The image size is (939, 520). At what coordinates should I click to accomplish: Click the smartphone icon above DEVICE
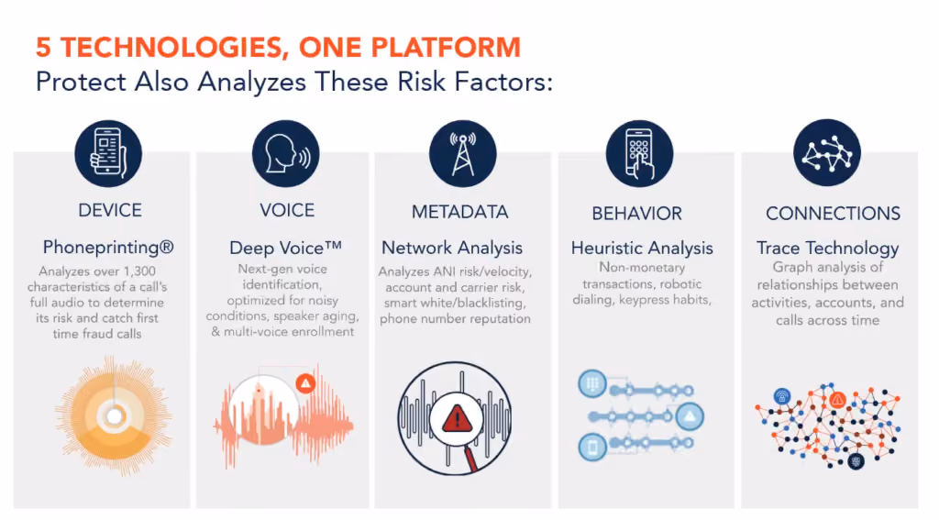click(x=108, y=154)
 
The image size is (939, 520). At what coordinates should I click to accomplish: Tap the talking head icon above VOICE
click(x=286, y=154)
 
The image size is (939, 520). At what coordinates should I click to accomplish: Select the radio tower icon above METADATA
click(x=463, y=154)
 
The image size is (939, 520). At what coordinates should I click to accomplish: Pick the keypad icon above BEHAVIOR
click(x=639, y=154)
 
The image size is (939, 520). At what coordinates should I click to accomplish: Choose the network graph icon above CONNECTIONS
click(x=827, y=153)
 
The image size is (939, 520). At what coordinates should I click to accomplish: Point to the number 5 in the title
click(x=43, y=48)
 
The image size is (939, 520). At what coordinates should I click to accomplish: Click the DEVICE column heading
click(x=110, y=210)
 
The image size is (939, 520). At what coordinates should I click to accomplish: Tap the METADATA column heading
click(x=460, y=212)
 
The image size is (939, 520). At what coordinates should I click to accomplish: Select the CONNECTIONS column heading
click(x=833, y=214)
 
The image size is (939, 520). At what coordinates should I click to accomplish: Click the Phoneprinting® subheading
click(x=108, y=247)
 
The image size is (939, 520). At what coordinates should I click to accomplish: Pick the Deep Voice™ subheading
click(x=286, y=248)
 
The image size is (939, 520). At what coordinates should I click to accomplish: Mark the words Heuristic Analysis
click(x=642, y=248)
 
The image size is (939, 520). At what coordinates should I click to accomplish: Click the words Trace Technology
click(x=828, y=248)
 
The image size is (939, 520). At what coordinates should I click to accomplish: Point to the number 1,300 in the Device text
click(x=139, y=271)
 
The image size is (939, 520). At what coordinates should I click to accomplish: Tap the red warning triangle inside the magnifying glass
click(x=458, y=418)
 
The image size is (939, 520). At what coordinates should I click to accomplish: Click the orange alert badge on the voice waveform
click(x=305, y=382)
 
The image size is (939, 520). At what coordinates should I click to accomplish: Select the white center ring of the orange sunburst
click(x=115, y=415)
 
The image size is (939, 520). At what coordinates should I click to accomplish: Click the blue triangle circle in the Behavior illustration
click(x=690, y=416)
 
